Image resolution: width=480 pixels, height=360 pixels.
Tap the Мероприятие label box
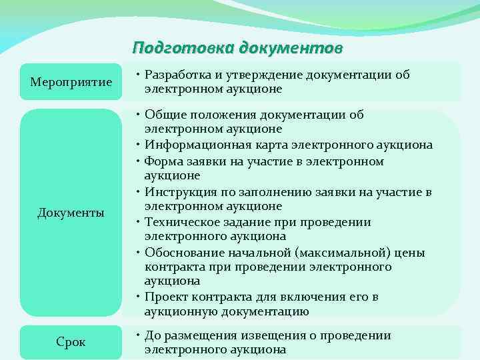point(71,81)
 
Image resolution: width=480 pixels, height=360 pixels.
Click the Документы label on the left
point(71,213)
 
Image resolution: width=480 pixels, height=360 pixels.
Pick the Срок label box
point(71,342)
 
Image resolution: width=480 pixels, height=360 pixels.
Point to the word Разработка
point(178,75)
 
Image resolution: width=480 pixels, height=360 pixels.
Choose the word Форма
point(163,161)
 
